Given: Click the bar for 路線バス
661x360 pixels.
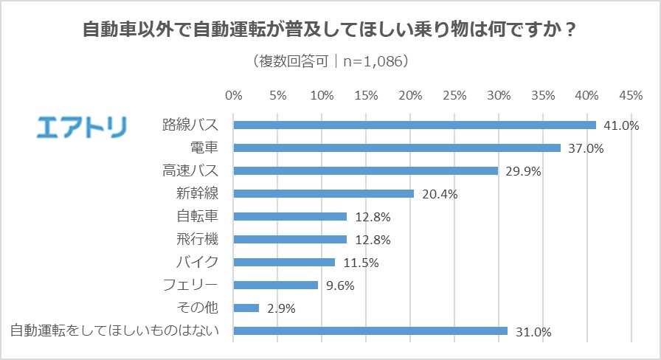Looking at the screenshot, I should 415,125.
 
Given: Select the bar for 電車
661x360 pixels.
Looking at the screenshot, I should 397,148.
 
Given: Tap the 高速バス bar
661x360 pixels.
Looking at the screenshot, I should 366,170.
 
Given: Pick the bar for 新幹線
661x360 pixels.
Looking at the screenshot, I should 324,193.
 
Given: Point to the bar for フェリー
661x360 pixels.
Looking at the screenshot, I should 276,285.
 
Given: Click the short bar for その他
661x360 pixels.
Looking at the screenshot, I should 246,308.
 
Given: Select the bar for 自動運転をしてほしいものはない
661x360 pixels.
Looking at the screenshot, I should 370,330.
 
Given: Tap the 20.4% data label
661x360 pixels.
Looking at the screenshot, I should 440,195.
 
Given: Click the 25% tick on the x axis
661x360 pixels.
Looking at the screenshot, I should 455,96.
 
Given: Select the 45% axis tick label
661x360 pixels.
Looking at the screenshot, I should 631,96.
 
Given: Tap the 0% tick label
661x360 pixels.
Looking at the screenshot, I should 233,96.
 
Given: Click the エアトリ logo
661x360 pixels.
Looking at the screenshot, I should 82,126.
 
